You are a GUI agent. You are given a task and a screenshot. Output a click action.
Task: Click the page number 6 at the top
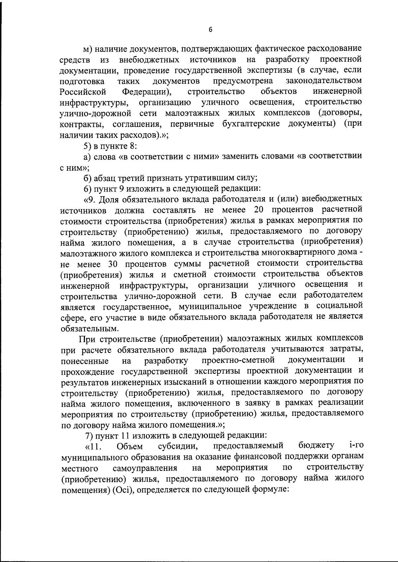[x=210, y=29]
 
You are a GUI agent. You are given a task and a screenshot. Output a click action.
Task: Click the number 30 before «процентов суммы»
[x=114, y=263]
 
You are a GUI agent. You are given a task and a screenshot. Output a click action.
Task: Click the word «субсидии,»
[x=178, y=446]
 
